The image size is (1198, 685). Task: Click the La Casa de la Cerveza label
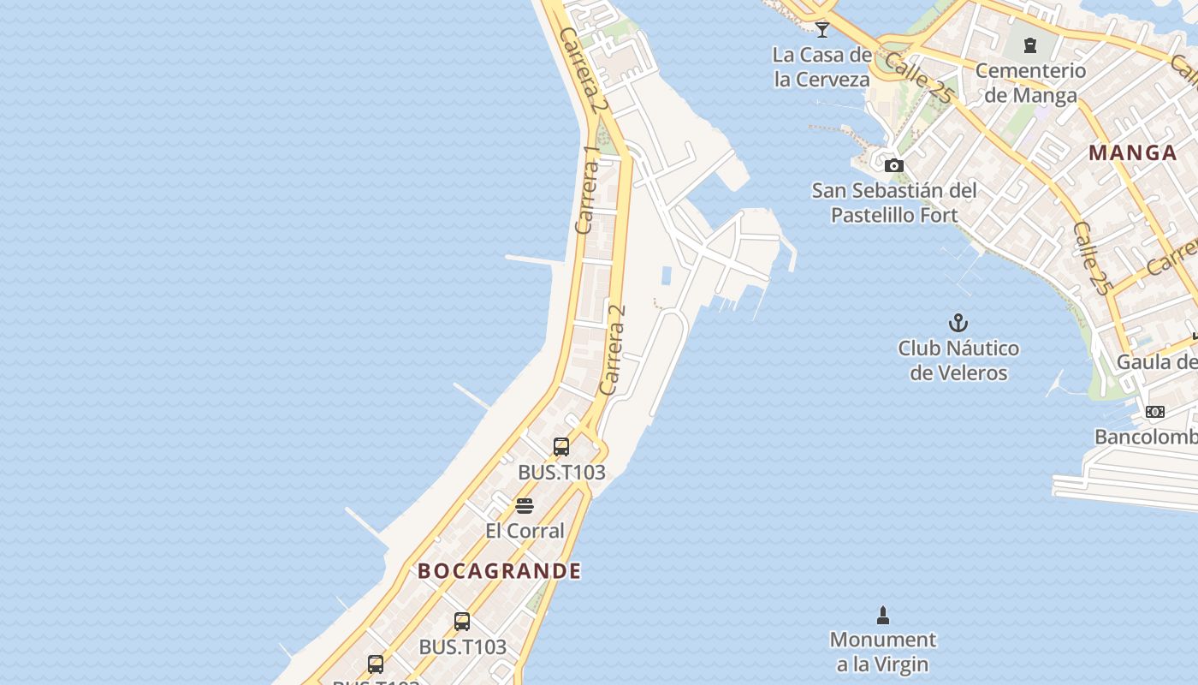pyautogui.click(x=821, y=67)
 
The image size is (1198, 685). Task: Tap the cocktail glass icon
pyautogui.click(x=822, y=29)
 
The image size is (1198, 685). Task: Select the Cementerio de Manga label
pyautogui.click(x=1030, y=82)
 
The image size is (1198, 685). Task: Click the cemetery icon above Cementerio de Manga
pyautogui.click(x=1030, y=45)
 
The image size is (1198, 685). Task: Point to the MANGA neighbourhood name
pyautogui.click(x=1133, y=153)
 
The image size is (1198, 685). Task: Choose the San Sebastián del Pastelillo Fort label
pyautogui.click(x=894, y=202)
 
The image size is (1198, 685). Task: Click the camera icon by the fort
pyautogui.click(x=894, y=165)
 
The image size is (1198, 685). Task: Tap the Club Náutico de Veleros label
pyautogui.click(x=958, y=360)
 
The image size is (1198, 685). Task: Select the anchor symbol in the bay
pyautogui.click(x=958, y=323)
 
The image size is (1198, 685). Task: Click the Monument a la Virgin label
pyautogui.click(x=883, y=652)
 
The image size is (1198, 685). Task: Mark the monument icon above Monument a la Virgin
pyautogui.click(x=883, y=615)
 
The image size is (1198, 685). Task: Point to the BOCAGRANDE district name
pyautogui.click(x=500, y=571)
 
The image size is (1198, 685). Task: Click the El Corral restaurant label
pyautogui.click(x=525, y=531)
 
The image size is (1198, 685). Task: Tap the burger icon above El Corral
pyautogui.click(x=525, y=506)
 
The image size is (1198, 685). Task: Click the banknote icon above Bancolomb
pyautogui.click(x=1155, y=412)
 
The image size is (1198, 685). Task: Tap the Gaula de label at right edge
pyautogui.click(x=1157, y=362)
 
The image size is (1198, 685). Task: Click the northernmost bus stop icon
pyautogui.click(x=561, y=446)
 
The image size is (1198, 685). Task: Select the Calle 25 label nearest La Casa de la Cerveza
pyautogui.click(x=917, y=78)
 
